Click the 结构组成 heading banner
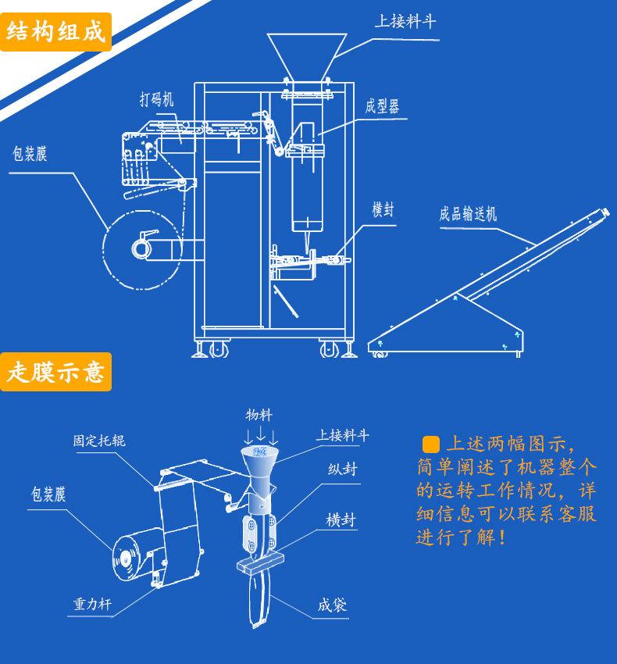coord(55,32)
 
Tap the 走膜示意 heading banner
coord(55,372)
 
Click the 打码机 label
coord(157,100)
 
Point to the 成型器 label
coord(382,106)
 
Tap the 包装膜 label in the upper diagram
coord(30,153)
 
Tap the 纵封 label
coord(338,470)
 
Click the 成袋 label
coord(332,605)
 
